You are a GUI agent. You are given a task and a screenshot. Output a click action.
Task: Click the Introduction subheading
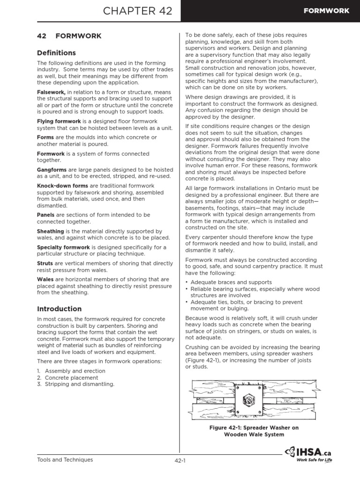59,309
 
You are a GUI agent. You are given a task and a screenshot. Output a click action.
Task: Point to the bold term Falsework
51,93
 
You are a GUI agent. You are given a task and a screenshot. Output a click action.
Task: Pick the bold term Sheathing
50,231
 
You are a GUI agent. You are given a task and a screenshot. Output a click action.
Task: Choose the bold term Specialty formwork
63,247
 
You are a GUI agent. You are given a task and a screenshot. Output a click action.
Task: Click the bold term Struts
45,263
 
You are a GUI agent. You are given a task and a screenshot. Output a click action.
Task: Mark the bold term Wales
45,279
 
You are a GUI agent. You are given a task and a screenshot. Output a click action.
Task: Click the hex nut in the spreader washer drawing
244,400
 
